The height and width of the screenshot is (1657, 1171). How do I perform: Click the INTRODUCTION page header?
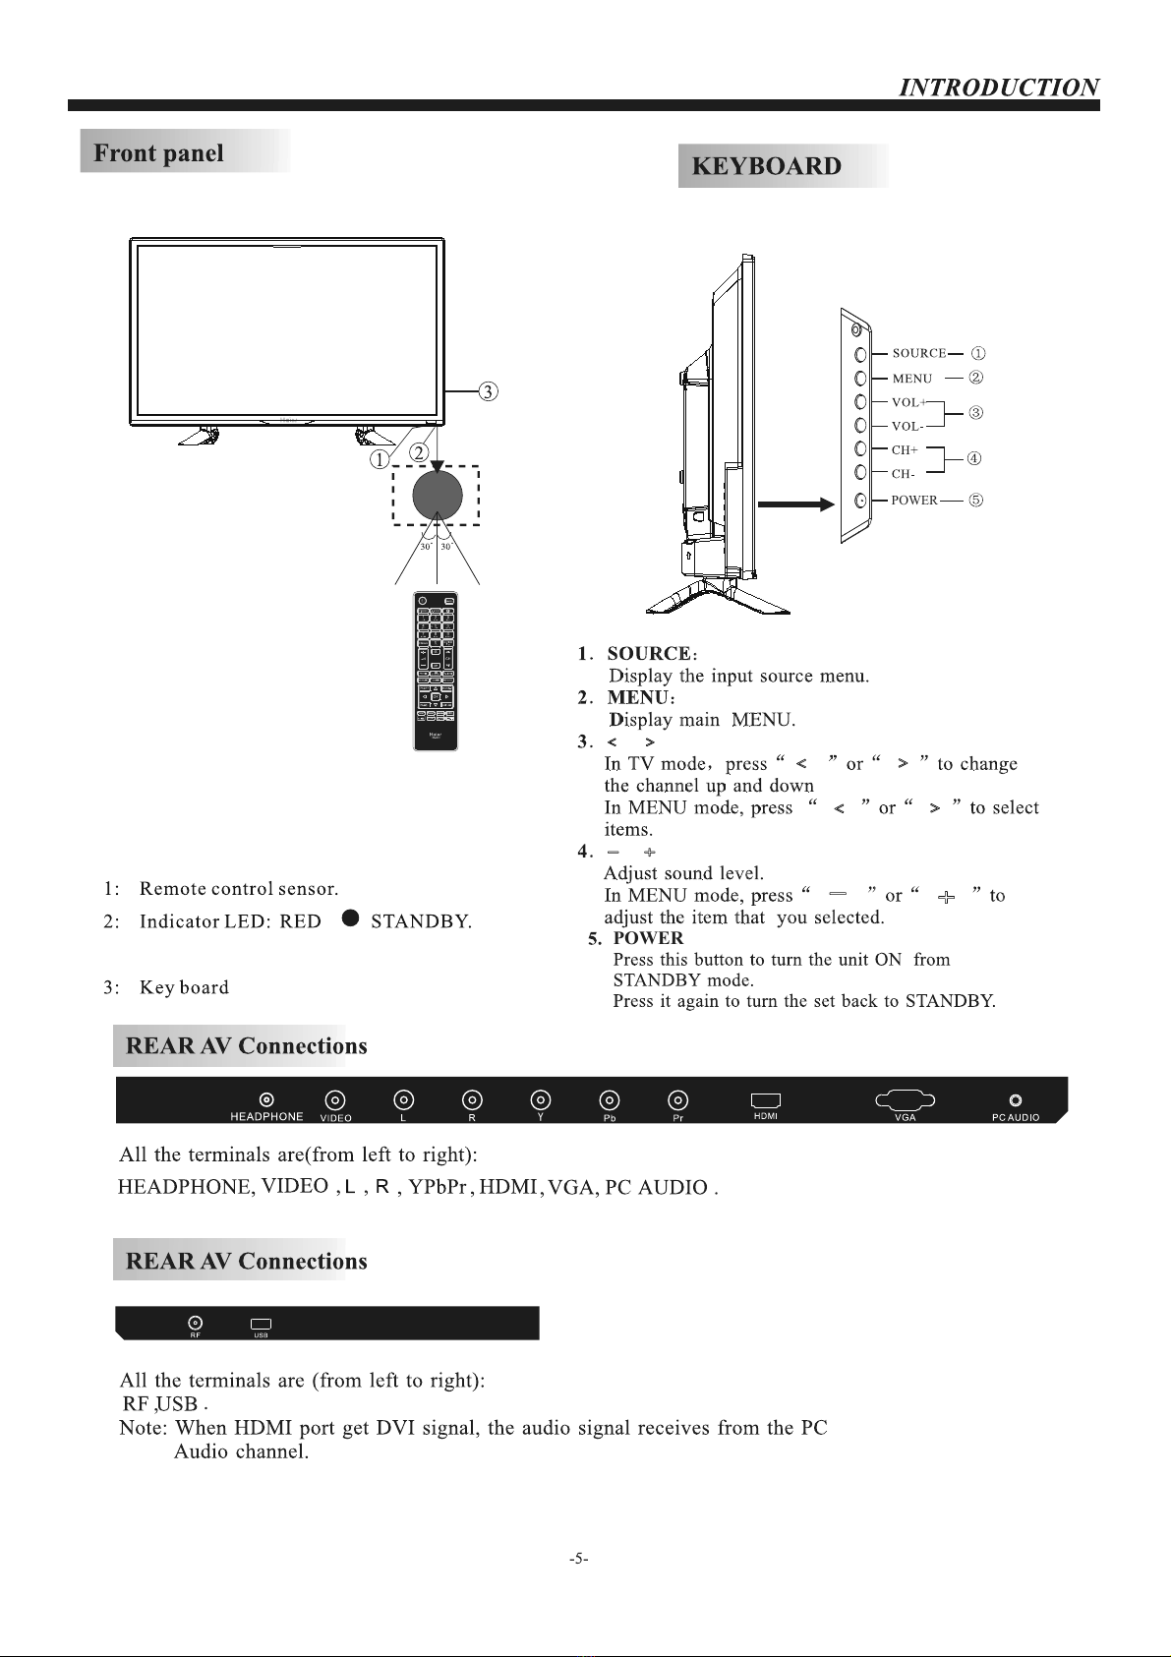click(999, 88)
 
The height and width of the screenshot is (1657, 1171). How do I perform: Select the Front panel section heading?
click(159, 153)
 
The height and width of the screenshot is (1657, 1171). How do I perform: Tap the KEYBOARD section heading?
click(767, 166)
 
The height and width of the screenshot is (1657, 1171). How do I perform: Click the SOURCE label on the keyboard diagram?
click(918, 353)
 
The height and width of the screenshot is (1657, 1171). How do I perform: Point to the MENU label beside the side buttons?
click(911, 379)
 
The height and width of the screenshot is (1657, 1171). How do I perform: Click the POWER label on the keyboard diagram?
click(913, 501)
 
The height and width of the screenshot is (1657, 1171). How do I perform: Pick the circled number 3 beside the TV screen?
click(488, 391)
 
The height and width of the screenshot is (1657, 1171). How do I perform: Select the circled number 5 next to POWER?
click(975, 500)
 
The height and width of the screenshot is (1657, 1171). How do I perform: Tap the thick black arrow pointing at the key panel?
click(795, 504)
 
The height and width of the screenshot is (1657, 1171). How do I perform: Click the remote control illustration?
click(436, 671)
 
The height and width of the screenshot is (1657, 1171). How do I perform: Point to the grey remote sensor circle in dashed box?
click(438, 494)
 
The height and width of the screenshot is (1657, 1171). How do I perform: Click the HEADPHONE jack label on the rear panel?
click(266, 1116)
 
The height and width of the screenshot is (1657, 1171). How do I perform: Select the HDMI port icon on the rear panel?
click(766, 1100)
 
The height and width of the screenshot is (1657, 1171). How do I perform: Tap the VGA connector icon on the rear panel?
click(905, 1099)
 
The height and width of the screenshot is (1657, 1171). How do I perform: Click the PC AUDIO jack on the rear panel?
click(1016, 1100)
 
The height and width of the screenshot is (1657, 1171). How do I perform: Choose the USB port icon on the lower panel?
click(261, 1324)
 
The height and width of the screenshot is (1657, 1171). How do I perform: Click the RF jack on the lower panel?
click(196, 1323)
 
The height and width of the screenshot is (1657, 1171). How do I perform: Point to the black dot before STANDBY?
click(350, 918)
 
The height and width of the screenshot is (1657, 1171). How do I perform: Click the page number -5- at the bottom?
click(579, 1558)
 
